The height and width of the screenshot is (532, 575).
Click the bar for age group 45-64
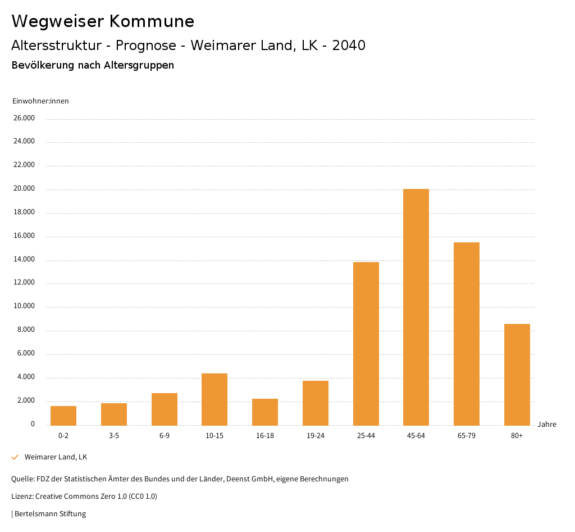(x=416, y=307)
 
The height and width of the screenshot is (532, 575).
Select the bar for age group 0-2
(x=63, y=416)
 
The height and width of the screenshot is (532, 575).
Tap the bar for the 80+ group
(x=517, y=375)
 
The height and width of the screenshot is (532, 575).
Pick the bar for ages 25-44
(x=366, y=344)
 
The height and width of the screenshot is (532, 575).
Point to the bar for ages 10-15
(x=215, y=399)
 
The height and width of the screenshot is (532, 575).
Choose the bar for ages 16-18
(x=265, y=412)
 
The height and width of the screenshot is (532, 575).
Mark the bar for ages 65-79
(x=466, y=333)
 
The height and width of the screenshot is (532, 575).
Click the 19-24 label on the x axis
(x=316, y=436)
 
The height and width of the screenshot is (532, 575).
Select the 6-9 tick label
(x=164, y=436)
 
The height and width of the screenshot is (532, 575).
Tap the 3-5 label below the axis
(x=114, y=436)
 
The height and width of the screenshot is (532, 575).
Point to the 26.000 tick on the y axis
(x=24, y=118)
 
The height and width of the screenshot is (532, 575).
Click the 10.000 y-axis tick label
(x=24, y=306)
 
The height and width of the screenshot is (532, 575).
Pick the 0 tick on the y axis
(x=33, y=424)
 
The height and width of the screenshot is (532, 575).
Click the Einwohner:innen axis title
(x=40, y=101)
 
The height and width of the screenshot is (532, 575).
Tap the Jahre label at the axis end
(x=546, y=425)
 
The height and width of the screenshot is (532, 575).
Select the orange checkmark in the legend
(x=15, y=457)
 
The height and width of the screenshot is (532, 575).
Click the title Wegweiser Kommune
(x=103, y=21)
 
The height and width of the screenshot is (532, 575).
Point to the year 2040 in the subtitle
(x=349, y=46)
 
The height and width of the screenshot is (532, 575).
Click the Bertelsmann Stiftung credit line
(x=49, y=514)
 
